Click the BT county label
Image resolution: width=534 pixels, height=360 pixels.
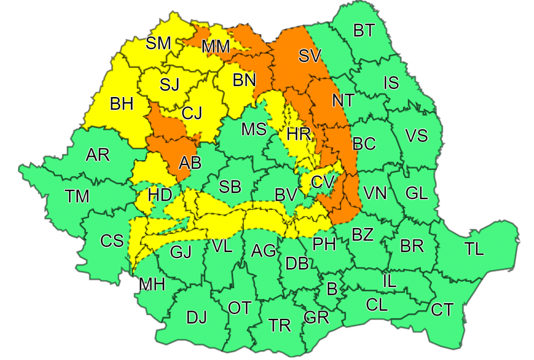tap(364, 31)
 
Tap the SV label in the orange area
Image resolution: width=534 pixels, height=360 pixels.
tap(310, 56)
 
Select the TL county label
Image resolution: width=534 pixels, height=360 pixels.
tap(474, 249)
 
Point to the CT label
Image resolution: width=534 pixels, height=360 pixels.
tap(442, 309)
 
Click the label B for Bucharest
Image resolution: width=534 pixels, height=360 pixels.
tap(331, 288)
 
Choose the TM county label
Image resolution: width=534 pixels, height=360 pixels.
tap(77, 196)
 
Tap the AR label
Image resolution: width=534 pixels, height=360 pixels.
tap(98, 155)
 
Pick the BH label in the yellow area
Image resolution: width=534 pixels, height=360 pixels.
tap(122, 104)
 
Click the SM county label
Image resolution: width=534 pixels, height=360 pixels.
tap(158, 43)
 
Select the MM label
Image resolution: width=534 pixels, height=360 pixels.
tap(216, 47)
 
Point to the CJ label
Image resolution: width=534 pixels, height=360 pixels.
tap(192, 112)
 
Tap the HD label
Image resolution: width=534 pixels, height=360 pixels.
tap(160, 196)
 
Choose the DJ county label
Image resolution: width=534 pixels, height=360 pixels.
tap(197, 317)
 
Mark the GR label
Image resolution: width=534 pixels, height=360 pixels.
tap(316, 317)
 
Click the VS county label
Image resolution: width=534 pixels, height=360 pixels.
tap(416, 136)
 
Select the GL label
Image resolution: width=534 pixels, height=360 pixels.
tap(416, 193)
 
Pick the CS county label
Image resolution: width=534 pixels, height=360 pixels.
tap(112, 241)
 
